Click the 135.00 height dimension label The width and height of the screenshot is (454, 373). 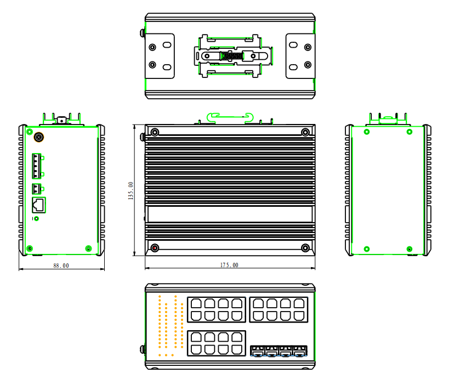130,191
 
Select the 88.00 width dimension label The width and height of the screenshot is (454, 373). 61,265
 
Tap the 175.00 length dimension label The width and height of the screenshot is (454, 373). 229,265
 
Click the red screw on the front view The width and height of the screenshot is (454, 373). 155,248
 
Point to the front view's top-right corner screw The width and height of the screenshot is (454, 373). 305,132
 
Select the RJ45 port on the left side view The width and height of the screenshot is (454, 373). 39,205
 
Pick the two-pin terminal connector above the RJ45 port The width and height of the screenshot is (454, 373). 37,189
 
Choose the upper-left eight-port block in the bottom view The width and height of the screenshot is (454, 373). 216,309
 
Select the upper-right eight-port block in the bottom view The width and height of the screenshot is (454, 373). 279,309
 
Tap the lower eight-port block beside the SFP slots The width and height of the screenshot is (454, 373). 216,344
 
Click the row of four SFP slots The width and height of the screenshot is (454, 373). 279,351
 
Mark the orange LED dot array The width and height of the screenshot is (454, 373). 168,326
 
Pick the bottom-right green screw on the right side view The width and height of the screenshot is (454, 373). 409,248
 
